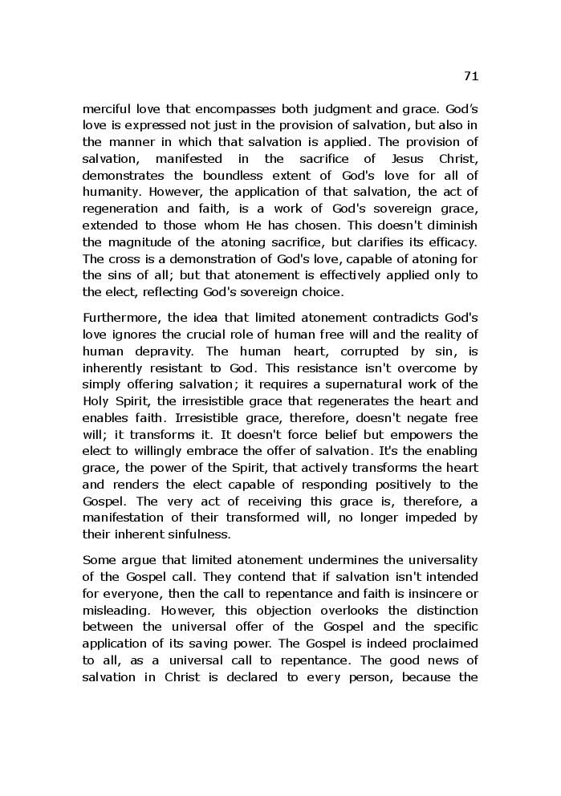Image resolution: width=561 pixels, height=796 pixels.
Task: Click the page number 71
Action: tap(471, 76)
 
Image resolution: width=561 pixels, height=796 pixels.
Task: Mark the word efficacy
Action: tap(452, 242)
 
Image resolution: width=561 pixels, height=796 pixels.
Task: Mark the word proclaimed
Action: tap(445, 643)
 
